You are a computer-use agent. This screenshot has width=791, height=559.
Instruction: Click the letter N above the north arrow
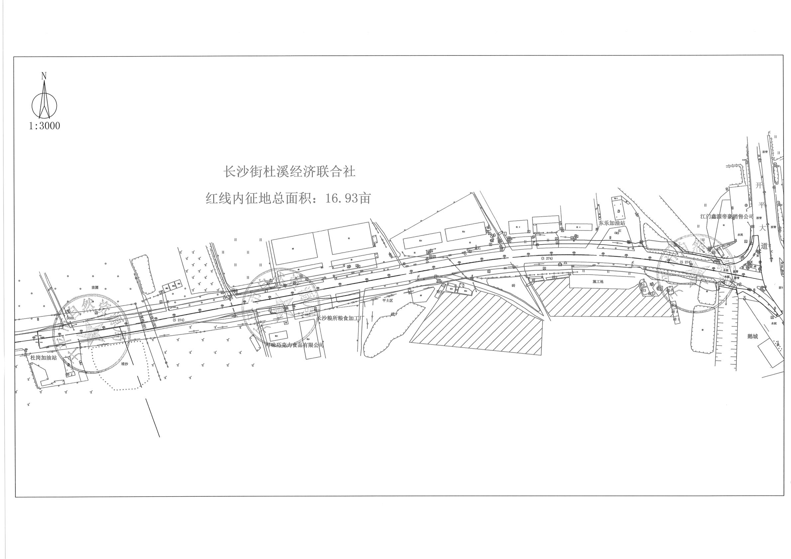[44, 76]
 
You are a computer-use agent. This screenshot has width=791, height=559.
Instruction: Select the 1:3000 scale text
[45, 126]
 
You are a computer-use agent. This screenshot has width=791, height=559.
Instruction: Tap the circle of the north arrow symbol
[45, 105]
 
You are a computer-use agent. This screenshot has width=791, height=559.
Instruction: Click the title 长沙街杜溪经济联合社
[289, 171]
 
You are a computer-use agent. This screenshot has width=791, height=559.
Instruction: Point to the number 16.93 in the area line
[341, 198]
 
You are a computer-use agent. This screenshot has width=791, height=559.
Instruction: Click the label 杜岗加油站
[44, 358]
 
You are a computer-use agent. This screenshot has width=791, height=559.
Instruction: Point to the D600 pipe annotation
[70, 318]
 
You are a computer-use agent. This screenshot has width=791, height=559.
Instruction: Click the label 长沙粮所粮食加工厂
[340, 319]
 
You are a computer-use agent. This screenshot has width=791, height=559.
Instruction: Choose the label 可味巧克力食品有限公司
[293, 345]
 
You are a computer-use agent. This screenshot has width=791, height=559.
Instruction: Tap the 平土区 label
[388, 300]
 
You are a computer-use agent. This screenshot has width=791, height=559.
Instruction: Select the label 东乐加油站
[611, 223]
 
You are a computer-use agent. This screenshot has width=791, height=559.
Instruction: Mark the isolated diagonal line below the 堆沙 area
[153, 418]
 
